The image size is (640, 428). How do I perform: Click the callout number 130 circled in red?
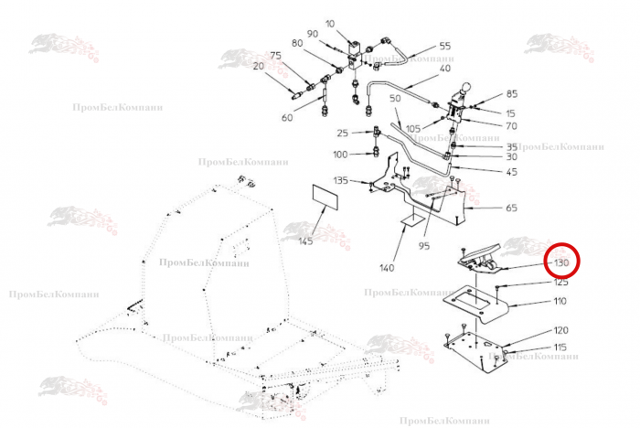[x=561, y=263]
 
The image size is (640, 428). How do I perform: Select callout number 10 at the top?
[x=330, y=23]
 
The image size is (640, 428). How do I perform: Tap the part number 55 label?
[x=444, y=46]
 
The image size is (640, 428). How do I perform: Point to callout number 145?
[x=305, y=241]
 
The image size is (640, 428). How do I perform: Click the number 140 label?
[x=387, y=268]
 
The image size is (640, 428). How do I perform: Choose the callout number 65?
[x=511, y=209]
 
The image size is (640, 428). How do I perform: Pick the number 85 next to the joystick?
[x=511, y=94]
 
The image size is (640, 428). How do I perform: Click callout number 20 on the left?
[x=258, y=66]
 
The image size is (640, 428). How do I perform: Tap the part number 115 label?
[x=560, y=348]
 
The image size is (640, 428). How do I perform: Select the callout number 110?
[x=560, y=301]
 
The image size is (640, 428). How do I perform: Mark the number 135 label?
[x=341, y=180]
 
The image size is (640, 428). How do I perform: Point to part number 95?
[x=424, y=245]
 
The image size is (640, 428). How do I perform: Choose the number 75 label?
[x=274, y=55]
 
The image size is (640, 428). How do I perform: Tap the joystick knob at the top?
[x=464, y=91]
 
